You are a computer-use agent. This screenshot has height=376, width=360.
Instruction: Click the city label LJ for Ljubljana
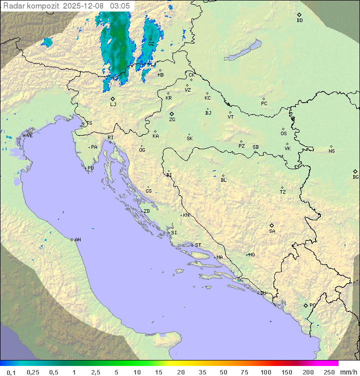click(x=113, y=105)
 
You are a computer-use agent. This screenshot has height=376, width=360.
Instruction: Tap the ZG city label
click(x=172, y=120)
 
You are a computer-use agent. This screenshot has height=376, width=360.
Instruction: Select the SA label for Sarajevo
click(x=272, y=231)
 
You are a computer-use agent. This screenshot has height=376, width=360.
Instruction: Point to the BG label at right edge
click(x=355, y=177)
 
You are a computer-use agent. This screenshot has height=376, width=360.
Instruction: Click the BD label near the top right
click(x=299, y=21)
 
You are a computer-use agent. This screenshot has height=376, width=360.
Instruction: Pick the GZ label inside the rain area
click(x=151, y=44)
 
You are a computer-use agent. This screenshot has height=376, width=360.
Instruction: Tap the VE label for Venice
click(x=29, y=136)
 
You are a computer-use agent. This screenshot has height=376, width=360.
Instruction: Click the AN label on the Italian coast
click(x=77, y=240)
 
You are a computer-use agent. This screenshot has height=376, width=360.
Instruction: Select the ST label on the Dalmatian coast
click(x=198, y=245)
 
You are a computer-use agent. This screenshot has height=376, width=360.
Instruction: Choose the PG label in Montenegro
click(x=312, y=305)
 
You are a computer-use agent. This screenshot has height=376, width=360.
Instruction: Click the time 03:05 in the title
click(x=120, y=6)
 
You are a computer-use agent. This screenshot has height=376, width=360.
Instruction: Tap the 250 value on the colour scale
click(x=329, y=372)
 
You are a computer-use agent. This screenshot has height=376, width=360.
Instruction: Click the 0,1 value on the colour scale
click(x=11, y=372)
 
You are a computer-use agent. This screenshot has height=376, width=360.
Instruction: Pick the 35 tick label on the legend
click(x=202, y=372)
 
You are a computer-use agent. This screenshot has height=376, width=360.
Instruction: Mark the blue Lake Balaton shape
click(x=242, y=51)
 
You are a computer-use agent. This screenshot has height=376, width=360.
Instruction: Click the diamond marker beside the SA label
click(x=272, y=225)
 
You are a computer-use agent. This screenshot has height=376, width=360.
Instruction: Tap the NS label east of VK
click(x=331, y=151)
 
